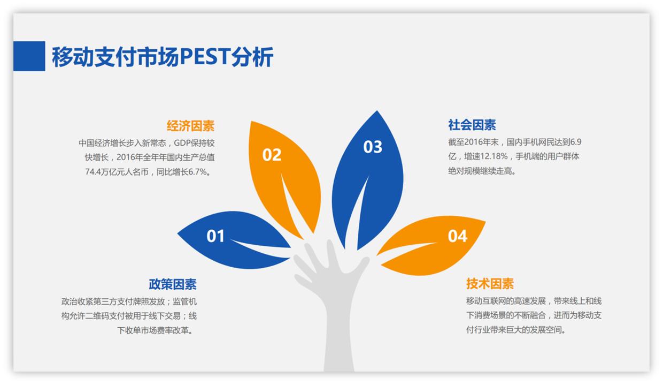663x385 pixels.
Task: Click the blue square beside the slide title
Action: click(29, 56)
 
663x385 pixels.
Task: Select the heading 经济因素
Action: click(190, 126)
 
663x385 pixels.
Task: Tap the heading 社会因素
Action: click(472, 125)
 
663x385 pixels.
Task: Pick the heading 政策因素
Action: click(172, 284)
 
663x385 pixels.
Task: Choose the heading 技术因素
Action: click(490, 283)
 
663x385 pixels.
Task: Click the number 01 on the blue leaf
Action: click(215, 236)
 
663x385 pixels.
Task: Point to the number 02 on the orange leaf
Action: click(272, 155)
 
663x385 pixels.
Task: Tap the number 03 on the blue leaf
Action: click(373, 147)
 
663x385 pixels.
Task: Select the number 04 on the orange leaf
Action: click(457, 236)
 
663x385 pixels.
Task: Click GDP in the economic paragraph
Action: click(183, 143)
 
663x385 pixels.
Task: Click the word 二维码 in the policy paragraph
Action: click(101, 316)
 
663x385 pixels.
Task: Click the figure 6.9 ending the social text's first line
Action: click(575, 142)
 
